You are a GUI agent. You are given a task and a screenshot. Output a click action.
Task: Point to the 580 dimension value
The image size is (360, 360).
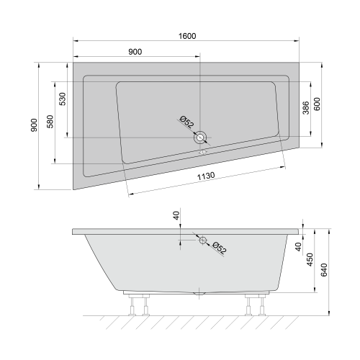50,122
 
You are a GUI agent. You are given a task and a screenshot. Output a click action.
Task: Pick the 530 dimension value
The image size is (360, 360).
63,99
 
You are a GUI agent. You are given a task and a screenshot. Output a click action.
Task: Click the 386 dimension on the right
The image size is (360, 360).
306,108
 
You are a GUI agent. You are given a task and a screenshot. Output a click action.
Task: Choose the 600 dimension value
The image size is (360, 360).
317,104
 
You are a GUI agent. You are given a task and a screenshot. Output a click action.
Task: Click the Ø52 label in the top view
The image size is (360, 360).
186,125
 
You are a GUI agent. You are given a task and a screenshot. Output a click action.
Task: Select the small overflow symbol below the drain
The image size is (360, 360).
202,151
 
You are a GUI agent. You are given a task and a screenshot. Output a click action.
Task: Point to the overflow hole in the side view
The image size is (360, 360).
203,240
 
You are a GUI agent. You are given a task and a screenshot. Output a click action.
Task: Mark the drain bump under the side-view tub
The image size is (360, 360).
199,294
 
